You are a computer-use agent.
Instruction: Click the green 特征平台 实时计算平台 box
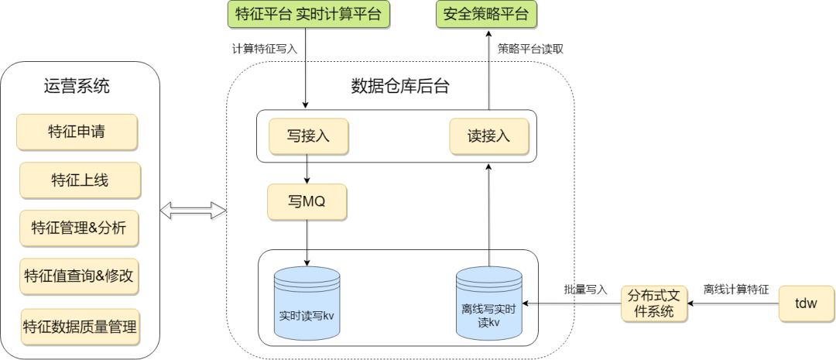click(308, 15)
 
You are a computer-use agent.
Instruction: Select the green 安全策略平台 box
click(487, 15)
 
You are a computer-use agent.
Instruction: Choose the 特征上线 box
click(80, 180)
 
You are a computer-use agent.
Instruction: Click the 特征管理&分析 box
click(79, 228)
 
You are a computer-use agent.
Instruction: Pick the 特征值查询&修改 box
click(81, 276)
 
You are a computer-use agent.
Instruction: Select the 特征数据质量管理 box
click(80, 326)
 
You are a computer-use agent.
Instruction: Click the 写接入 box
click(308, 136)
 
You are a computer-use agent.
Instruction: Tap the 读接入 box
click(489, 136)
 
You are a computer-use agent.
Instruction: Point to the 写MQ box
click(307, 202)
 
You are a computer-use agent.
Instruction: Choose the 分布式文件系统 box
click(654, 304)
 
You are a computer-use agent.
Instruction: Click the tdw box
click(805, 303)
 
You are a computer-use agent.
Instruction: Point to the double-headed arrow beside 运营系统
click(193, 210)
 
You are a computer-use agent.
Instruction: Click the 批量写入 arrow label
click(585, 290)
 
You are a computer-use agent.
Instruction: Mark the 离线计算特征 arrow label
click(735, 290)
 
